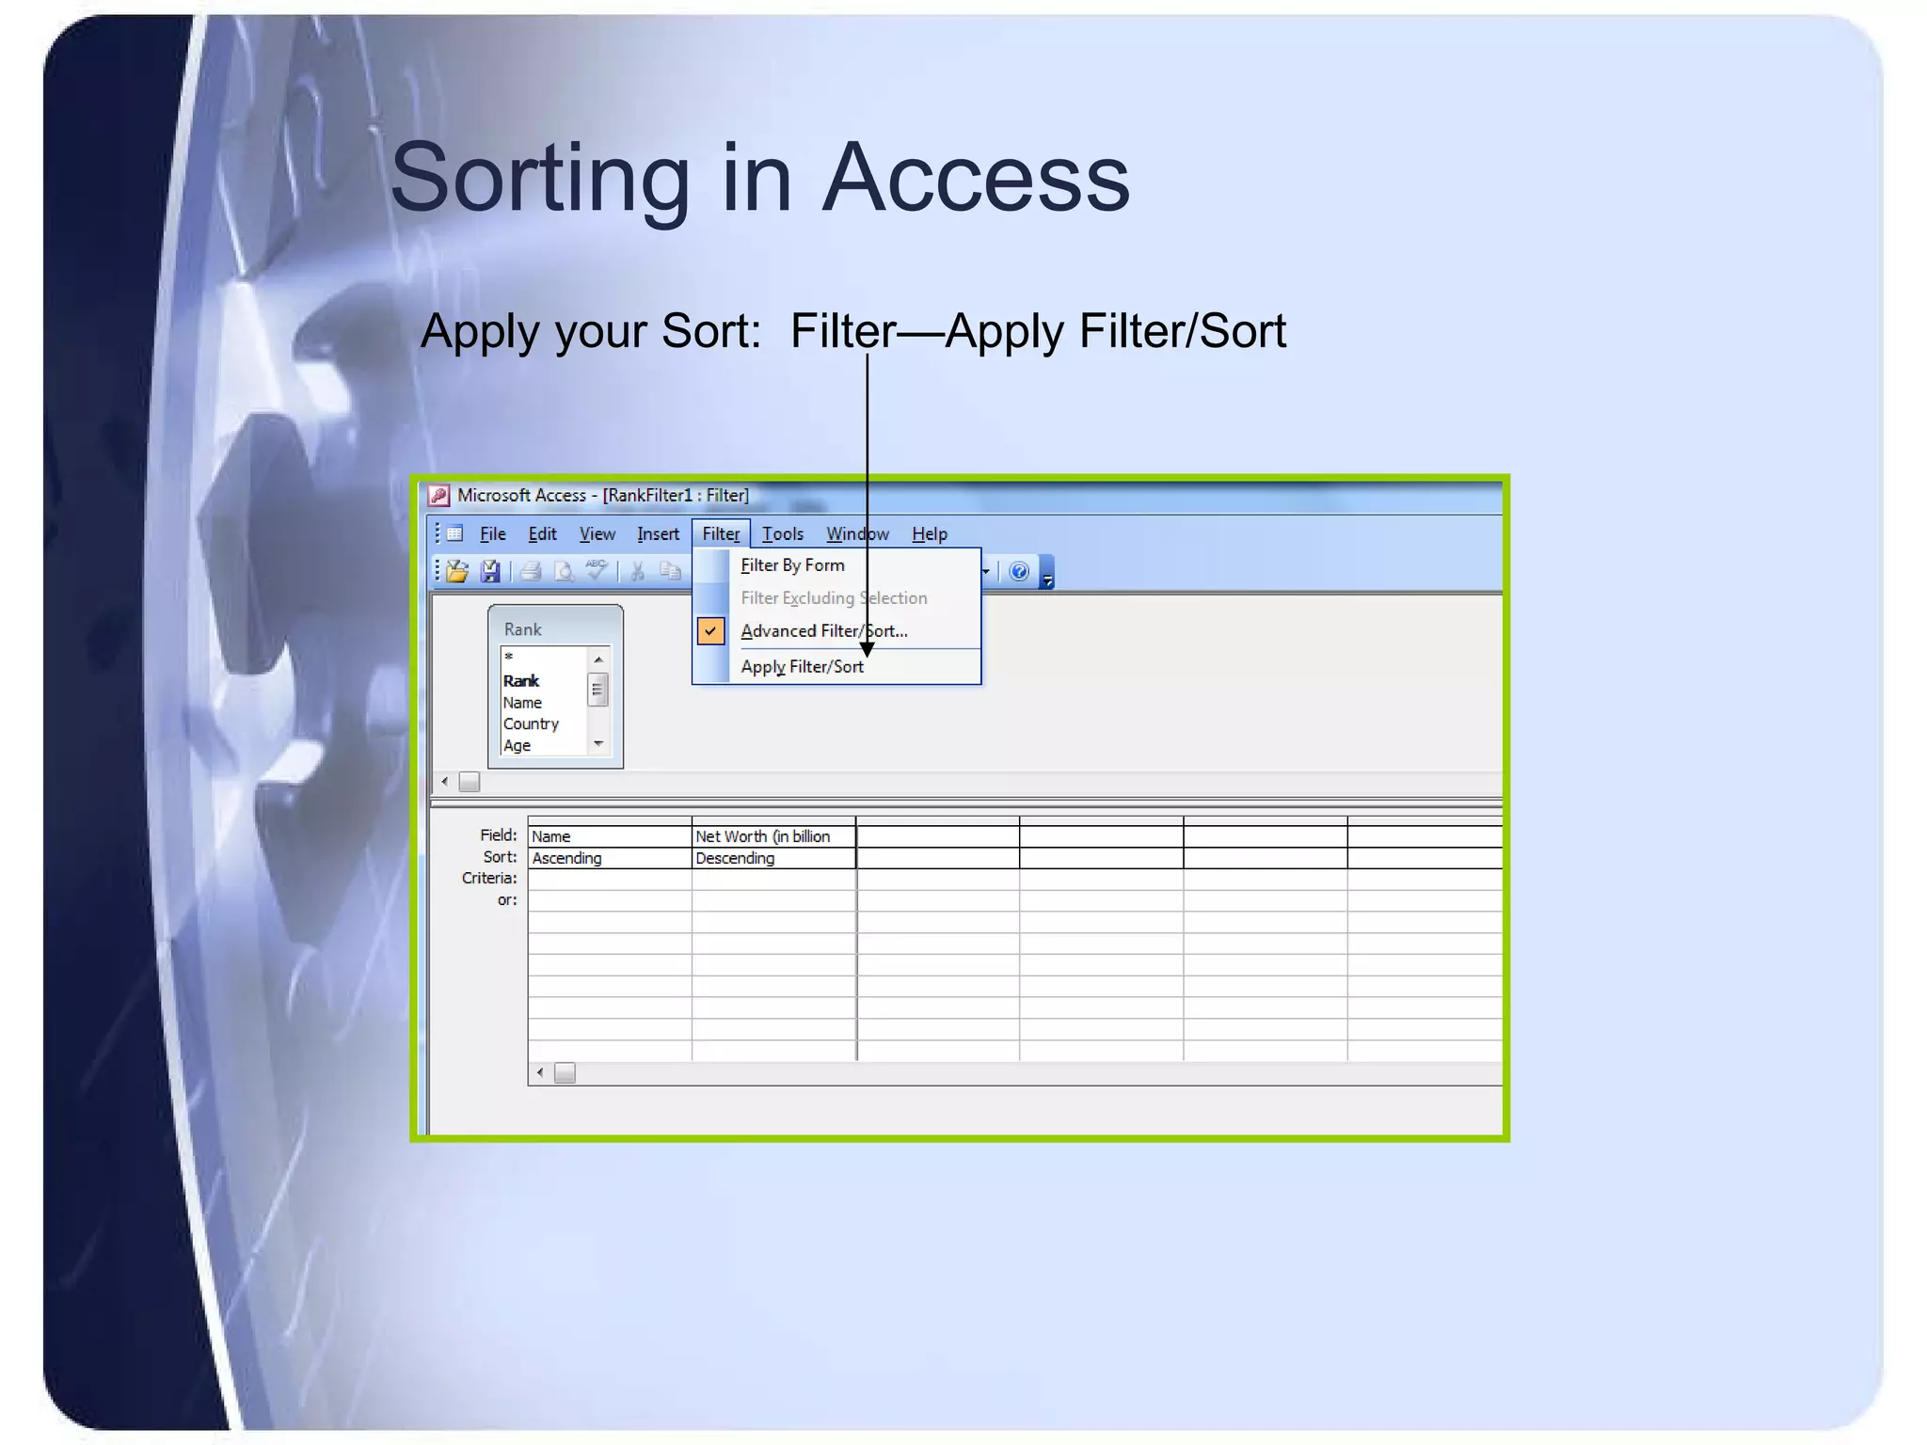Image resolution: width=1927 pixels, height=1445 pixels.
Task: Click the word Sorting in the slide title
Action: pos(540,178)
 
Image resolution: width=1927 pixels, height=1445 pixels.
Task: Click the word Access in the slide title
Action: pos(976,178)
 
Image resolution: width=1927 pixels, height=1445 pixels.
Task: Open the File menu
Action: pos(492,534)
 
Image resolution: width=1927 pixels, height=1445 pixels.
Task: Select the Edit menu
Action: pos(542,534)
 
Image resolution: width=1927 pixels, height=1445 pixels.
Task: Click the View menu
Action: pos(597,534)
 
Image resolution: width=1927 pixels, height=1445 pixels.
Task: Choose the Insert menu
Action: pos(658,534)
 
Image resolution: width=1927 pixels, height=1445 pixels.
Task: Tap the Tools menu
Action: pos(782,534)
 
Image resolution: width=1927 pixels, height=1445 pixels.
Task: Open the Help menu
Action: pos(929,534)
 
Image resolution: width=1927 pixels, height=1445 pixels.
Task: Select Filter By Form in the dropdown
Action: pos(792,565)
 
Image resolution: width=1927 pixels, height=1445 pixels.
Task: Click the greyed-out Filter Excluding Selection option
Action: pos(834,598)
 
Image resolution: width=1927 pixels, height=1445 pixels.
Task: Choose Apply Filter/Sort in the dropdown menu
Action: pos(802,667)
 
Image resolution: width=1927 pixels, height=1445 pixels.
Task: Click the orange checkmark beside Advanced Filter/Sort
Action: pos(711,631)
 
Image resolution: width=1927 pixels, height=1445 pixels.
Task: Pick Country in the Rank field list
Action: pos(531,724)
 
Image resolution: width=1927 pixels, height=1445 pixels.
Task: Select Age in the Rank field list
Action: pos(517,746)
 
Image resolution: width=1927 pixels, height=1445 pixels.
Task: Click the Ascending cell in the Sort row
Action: pos(608,858)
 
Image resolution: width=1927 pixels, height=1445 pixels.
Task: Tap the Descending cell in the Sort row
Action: pos(772,858)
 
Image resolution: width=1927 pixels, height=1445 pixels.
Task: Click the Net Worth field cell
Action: pos(772,836)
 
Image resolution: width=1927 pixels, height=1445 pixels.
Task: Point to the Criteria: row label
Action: pos(489,879)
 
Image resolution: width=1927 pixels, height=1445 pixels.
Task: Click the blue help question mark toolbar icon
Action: pos(1018,572)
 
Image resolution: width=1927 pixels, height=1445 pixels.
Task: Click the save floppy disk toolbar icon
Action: pos(490,572)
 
